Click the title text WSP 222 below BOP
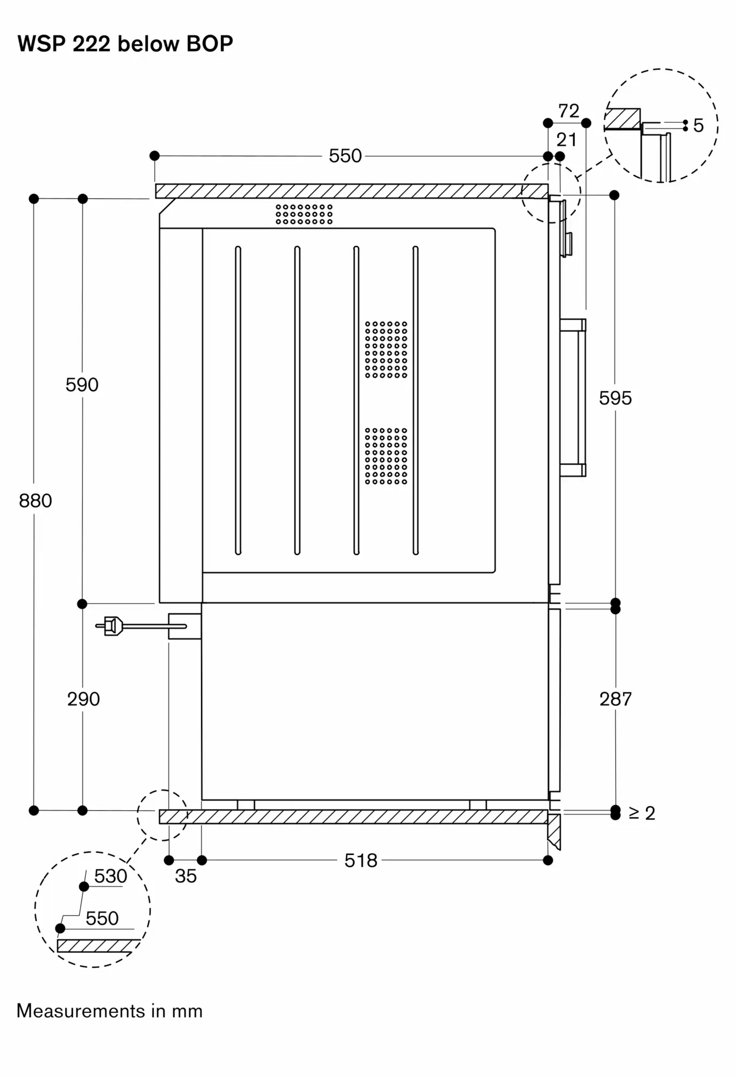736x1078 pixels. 125,44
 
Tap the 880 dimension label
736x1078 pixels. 36,501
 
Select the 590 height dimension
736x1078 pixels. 82,385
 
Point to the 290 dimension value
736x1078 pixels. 83,699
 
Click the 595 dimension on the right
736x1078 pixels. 615,398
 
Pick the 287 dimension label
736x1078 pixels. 615,699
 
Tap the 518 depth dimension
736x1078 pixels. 361,861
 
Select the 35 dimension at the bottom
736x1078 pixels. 185,876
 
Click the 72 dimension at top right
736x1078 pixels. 568,111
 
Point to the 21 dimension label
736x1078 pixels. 566,140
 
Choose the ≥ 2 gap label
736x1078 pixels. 642,813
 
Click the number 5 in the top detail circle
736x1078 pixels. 698,126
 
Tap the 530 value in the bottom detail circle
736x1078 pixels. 111,876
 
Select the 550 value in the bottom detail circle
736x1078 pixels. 102,918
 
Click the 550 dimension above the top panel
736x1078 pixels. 345,156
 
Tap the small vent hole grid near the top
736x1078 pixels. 304,214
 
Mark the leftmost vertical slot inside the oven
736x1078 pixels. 238,400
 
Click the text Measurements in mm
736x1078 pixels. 109,1011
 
